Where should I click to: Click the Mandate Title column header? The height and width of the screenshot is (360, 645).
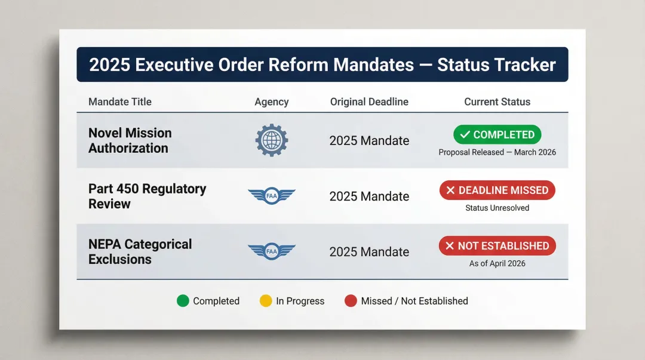point(120,101)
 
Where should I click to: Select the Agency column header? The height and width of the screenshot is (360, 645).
point(272,101)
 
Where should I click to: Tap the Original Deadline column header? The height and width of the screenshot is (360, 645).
point(369,101)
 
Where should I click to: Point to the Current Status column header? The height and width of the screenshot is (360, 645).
point(497,101)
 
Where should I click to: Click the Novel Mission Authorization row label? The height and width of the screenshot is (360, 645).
point(130,140)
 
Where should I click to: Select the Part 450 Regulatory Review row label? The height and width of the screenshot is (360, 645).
point(147,196)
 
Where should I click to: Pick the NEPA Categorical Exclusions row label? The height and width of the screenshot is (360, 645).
point(140,251)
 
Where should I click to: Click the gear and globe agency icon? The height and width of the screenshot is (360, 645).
point(272,140)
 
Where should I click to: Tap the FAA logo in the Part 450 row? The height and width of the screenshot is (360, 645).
point(272,196)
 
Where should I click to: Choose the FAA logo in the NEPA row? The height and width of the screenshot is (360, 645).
point(272,251)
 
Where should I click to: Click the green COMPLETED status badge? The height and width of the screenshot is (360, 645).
point(497,135)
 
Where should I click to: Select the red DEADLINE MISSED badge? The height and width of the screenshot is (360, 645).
point(497,190)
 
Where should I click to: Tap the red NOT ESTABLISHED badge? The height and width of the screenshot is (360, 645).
point(497,246)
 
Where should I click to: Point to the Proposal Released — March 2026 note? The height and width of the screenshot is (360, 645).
point(497,152)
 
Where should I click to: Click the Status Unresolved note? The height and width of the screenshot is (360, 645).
point(497,208)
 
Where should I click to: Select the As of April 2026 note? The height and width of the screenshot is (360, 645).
point(497,263)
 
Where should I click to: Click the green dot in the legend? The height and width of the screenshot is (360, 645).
point(183,301)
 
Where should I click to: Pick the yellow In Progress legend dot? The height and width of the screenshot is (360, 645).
point(266,301)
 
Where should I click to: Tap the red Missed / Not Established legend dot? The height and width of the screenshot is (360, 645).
point(351,301)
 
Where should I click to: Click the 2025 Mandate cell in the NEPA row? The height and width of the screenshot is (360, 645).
point(369,252)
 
